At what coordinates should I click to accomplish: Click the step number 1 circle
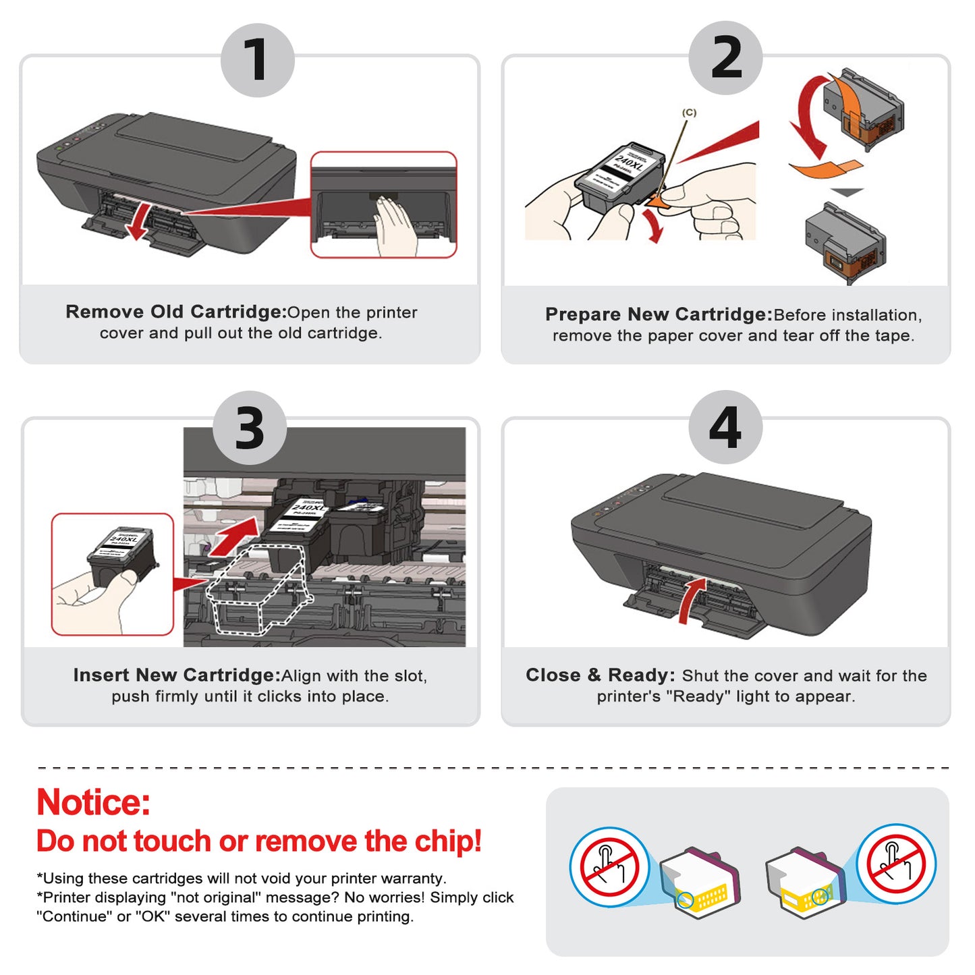point(257,60)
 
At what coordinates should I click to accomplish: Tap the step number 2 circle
point(725,58)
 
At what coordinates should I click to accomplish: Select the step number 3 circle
point(250,428)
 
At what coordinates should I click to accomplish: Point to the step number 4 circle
point(725,427)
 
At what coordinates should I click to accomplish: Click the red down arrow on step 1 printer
point(139,221)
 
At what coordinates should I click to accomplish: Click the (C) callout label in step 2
point(689,113)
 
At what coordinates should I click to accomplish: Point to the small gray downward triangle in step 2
point(847,192)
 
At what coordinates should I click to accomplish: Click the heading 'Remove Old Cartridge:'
point(175,312)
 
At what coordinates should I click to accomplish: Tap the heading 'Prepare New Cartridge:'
point(658,314)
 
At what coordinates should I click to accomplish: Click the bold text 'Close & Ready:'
point(600,675)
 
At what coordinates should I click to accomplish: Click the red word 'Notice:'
point(93,802)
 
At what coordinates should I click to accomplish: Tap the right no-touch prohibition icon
point(896,864)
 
